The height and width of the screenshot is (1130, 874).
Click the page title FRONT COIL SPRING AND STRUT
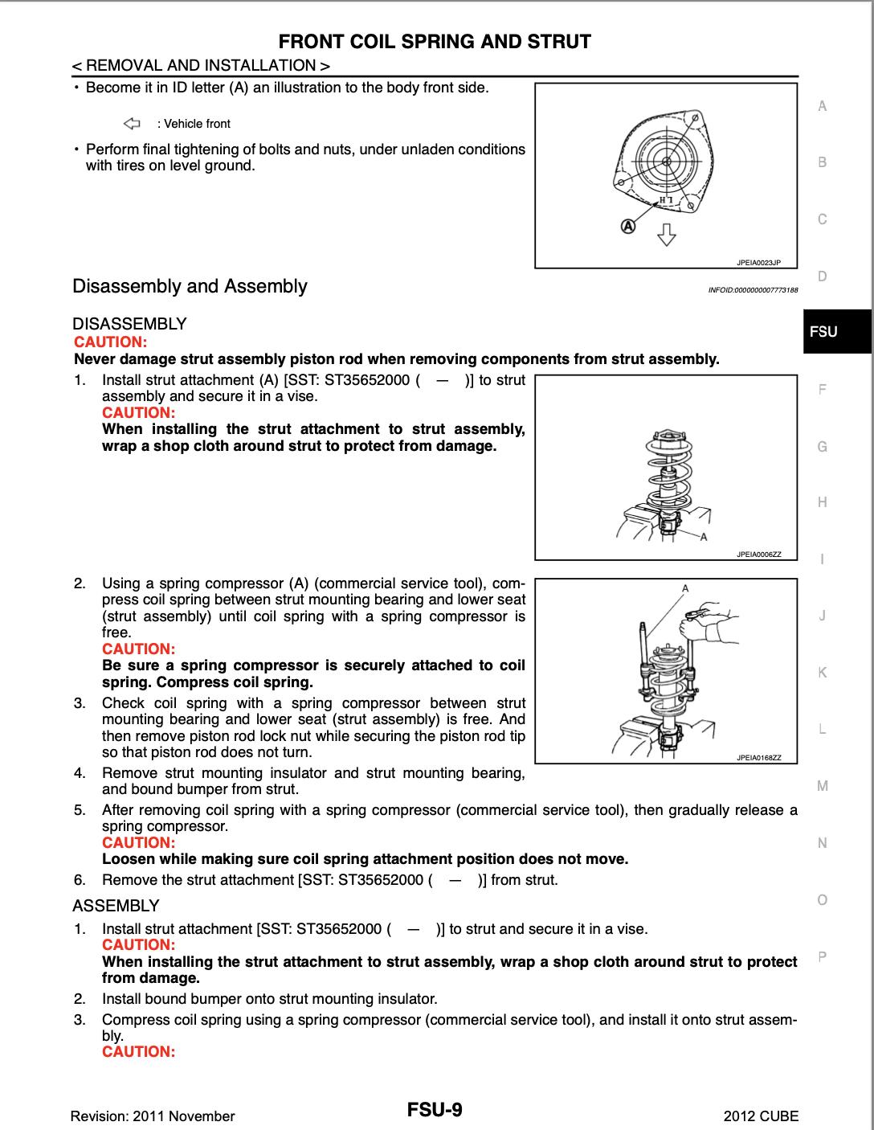pos(435,42)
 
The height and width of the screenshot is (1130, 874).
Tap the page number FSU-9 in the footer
pos(435,1111)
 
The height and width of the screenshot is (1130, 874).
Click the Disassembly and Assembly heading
pos(190,286)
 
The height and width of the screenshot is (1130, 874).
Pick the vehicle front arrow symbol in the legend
pos(132,124)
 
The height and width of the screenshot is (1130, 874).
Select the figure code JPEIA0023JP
pos(758,262)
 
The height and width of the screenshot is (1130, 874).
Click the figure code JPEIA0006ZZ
pos(758,555)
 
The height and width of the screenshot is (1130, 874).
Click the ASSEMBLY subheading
pos(116,906)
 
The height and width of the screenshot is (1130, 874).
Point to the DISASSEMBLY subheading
pos(129,324)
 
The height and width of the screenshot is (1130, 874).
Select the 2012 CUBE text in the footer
pos(761,1116)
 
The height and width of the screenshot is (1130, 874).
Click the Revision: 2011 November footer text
pos(153,1116)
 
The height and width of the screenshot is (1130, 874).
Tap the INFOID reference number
pos(753,289)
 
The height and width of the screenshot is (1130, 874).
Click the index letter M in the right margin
pos(822,786)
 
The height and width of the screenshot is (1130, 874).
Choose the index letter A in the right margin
pos(822,106)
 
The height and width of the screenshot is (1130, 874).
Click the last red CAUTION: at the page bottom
pos(138,1051)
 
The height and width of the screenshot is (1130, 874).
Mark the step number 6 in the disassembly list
pos(79,880)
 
